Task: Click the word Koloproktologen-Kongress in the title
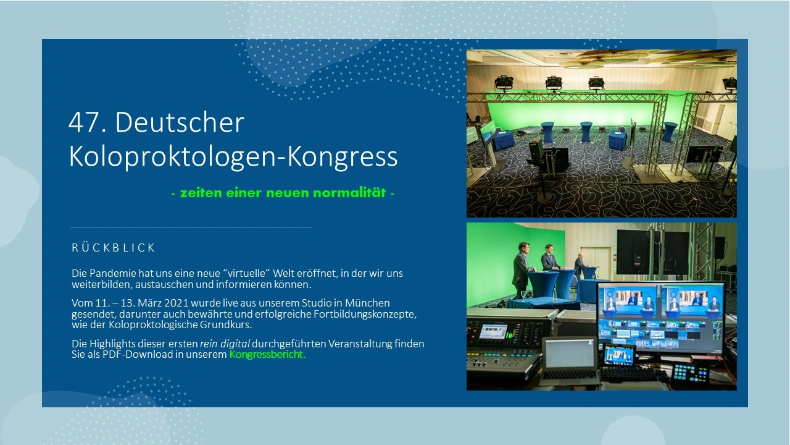pos(233,157)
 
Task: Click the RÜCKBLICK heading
pos(114,248)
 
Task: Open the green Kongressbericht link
pos(267,355)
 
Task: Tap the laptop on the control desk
pos(570,358)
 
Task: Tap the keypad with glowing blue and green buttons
pos(689,373)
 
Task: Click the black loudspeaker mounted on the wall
pos(720,247)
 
